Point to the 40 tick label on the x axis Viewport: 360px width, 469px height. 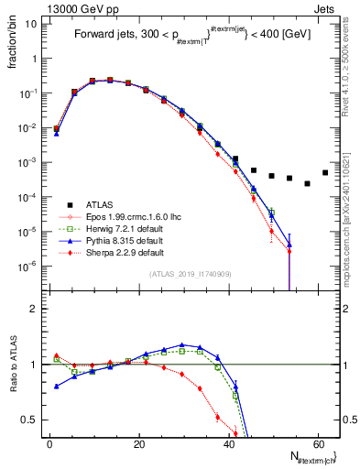point(228,442)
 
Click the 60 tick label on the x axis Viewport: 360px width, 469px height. point(318,442)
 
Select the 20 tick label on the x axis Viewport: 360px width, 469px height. point(138,442)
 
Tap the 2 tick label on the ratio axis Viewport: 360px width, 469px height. point(34,309)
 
